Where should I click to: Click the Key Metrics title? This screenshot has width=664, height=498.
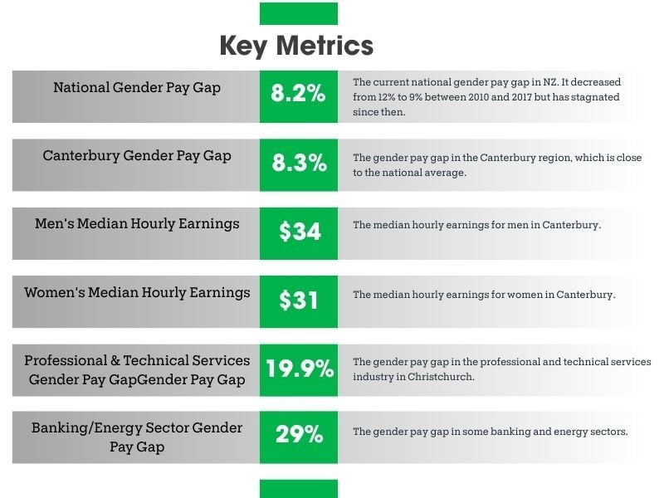point(296,46)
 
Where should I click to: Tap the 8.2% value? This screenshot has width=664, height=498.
point(298,94)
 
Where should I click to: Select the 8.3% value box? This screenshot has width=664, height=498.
point(299,164)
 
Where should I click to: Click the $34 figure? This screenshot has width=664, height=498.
point(299,232)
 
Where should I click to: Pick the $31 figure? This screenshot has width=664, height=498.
point(299,300)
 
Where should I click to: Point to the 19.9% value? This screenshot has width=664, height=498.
point(299,369)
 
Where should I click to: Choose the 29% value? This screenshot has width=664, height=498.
point(299,434)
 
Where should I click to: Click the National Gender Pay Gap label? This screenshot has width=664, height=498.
point(137,87)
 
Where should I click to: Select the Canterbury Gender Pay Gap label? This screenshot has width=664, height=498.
point(137,156)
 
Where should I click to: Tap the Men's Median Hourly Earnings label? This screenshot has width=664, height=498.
point(137,224)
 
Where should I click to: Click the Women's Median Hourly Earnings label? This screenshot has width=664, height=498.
point(137,292)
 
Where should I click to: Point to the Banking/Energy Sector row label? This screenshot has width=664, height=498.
point(137,437)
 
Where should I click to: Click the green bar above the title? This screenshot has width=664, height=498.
point(299,13)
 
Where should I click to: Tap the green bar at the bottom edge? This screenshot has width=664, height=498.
point(299,489)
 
